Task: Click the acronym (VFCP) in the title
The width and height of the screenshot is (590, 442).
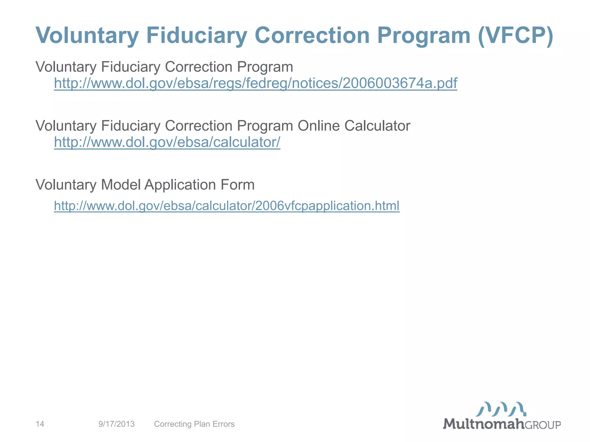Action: (515, 36)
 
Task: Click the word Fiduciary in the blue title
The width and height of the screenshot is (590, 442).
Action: (197, 36)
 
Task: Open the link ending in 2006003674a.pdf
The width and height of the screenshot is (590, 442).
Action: (256, 83)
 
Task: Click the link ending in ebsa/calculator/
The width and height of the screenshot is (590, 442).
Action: (167, 142)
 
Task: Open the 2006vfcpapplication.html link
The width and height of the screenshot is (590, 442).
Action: (227, 206)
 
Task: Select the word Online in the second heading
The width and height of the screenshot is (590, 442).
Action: (318, 126)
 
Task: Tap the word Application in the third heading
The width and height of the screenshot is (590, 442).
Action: (180, 185)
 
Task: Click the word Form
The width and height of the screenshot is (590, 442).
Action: (238, 185)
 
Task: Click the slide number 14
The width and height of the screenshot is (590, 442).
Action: (40, 424)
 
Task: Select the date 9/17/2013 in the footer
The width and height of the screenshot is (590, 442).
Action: (116, 424)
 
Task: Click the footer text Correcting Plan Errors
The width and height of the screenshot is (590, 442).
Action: (194, 424)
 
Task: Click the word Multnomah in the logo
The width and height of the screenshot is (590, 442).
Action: (483, 424)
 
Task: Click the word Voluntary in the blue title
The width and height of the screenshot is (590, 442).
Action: (87, 36)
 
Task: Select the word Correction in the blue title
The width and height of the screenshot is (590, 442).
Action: (312, 36)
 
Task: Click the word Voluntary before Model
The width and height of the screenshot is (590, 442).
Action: (66, 185)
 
